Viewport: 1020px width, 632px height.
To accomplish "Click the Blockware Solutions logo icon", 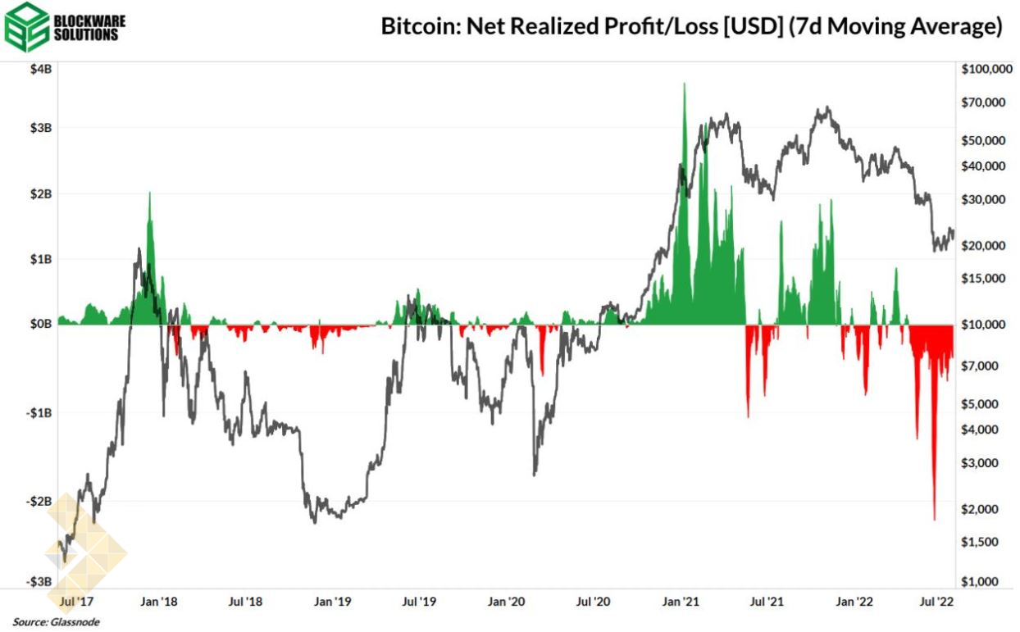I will tap(25, 27).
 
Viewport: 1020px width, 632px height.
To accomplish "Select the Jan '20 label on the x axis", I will tap(506, 602).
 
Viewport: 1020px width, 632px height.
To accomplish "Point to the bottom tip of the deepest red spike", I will tap(934, 520).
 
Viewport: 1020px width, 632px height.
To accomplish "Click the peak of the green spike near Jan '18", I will tap(149, 193).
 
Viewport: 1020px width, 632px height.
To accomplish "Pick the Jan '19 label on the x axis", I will tap(332, 602).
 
